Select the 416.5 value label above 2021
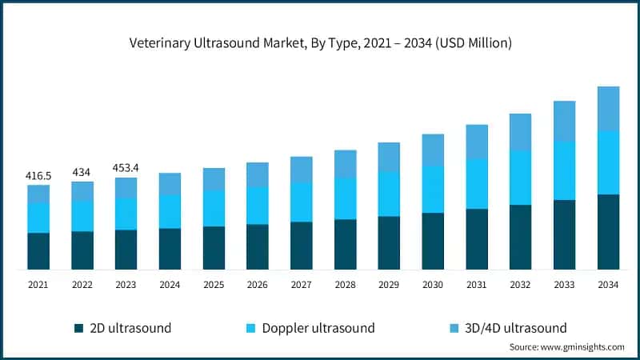pos(38,174)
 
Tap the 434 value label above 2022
pos(82,172)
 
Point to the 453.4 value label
pos(126,168)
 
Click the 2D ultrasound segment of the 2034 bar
pos(608,231)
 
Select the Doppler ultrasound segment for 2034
pos(608,162)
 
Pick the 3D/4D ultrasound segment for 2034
pos(608,108)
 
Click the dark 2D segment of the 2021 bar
pos(38,250)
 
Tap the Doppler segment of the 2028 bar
pos(346,198)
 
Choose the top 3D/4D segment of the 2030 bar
pos(433,150)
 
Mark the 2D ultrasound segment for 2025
pos(214,247)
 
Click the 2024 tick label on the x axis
pos(170,284)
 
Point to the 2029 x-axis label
pos(389,284)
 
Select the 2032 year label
pos(520,284)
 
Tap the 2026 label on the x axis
pos(258,284)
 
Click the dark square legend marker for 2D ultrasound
pos(78,328)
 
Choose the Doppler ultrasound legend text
pos(318,328)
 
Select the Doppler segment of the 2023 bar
pos(126,214)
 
